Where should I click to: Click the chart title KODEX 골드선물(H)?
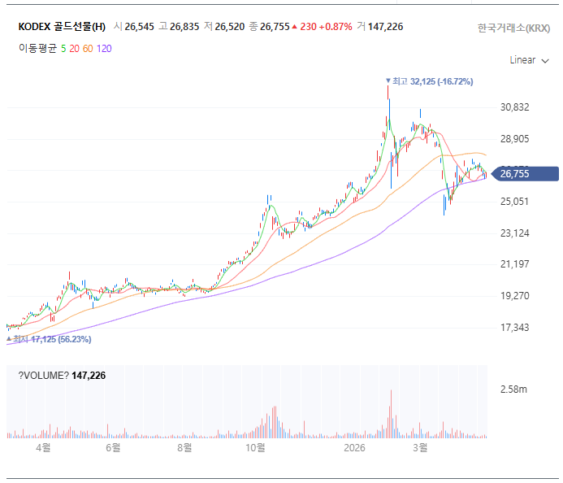[x=62, y=27]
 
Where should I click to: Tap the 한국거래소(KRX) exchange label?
[x=513, y=28]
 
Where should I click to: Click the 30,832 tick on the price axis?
[x=515, y=107]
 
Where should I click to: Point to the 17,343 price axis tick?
[x=515, y=328]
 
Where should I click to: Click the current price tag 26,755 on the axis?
[x=515, y=173]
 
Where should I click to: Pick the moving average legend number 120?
[x=104, y=49]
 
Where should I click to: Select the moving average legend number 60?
[x=88, y=49]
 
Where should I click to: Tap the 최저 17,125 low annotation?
[x=52, y=339]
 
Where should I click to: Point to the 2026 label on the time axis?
[x=354, y=448]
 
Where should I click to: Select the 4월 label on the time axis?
[x=42, y=448]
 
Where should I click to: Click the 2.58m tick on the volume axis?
[x=513, y=390]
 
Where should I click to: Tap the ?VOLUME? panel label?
[x=45, y=375]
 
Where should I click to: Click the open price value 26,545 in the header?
[x=140, y=27]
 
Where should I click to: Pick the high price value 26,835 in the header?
[x=184, y=27]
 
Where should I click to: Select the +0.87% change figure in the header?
[x=336, y=27]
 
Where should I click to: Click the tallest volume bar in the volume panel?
[x=391, y=415]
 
